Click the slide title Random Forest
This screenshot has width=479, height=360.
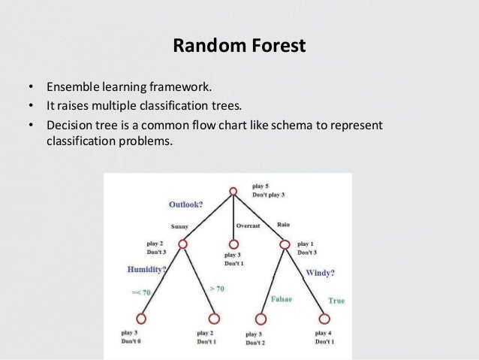point(239,46)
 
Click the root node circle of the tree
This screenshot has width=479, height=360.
point(233,192)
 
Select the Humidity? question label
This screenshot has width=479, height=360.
point(146,269)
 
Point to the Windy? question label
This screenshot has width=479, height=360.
point(320,273)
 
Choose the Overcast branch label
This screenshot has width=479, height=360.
point(249,225)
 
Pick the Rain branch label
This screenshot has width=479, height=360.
point(283,224)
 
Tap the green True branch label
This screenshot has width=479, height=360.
point(336,301)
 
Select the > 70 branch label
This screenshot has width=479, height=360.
point(216,289)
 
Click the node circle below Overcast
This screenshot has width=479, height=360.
point(233,244)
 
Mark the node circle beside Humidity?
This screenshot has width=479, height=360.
point(182,245)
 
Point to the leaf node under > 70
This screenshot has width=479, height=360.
point(214,319)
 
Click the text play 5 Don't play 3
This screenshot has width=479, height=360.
point(268,189)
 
